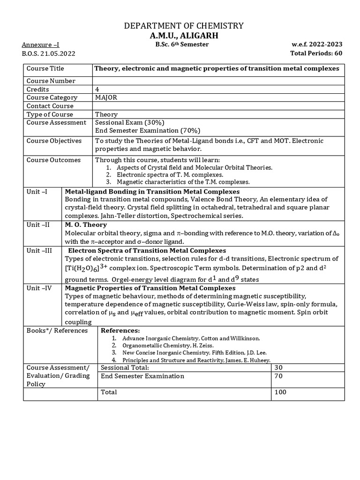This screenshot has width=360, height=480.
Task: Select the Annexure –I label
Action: click(x=40, y=45)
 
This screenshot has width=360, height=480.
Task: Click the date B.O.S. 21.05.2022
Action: click(x=49, y=53)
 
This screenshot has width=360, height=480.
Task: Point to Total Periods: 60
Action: click(x=316, y=53)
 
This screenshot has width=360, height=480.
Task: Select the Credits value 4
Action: click(x=97, y=89)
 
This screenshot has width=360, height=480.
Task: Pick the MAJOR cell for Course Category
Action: click(x=106, y=97)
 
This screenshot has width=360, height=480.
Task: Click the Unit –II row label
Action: click(x=38, y=225)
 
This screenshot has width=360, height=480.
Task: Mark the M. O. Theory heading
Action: click(x=86, y=225)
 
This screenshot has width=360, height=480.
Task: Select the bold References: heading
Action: click(x=120, y=330)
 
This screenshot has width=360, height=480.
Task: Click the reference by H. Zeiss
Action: click(x=167, y=345)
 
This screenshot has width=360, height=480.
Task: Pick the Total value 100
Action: click(x=281, y=392)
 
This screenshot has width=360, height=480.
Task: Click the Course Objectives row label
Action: click(x=54, y=141)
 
